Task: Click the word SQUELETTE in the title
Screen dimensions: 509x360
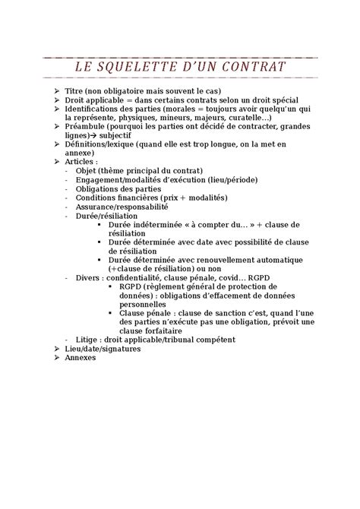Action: click(142, 68)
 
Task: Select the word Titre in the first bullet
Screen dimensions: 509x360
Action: click(77, 90)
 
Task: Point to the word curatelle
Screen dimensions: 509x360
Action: click(242, 117)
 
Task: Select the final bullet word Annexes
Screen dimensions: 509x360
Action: click(81, 357)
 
